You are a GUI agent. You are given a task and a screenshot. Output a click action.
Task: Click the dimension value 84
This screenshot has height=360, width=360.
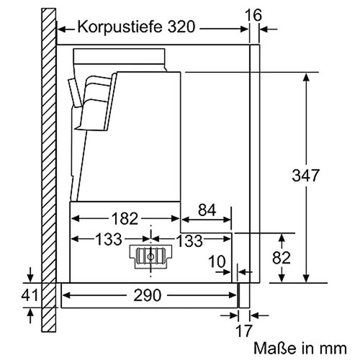pos(206,210)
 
